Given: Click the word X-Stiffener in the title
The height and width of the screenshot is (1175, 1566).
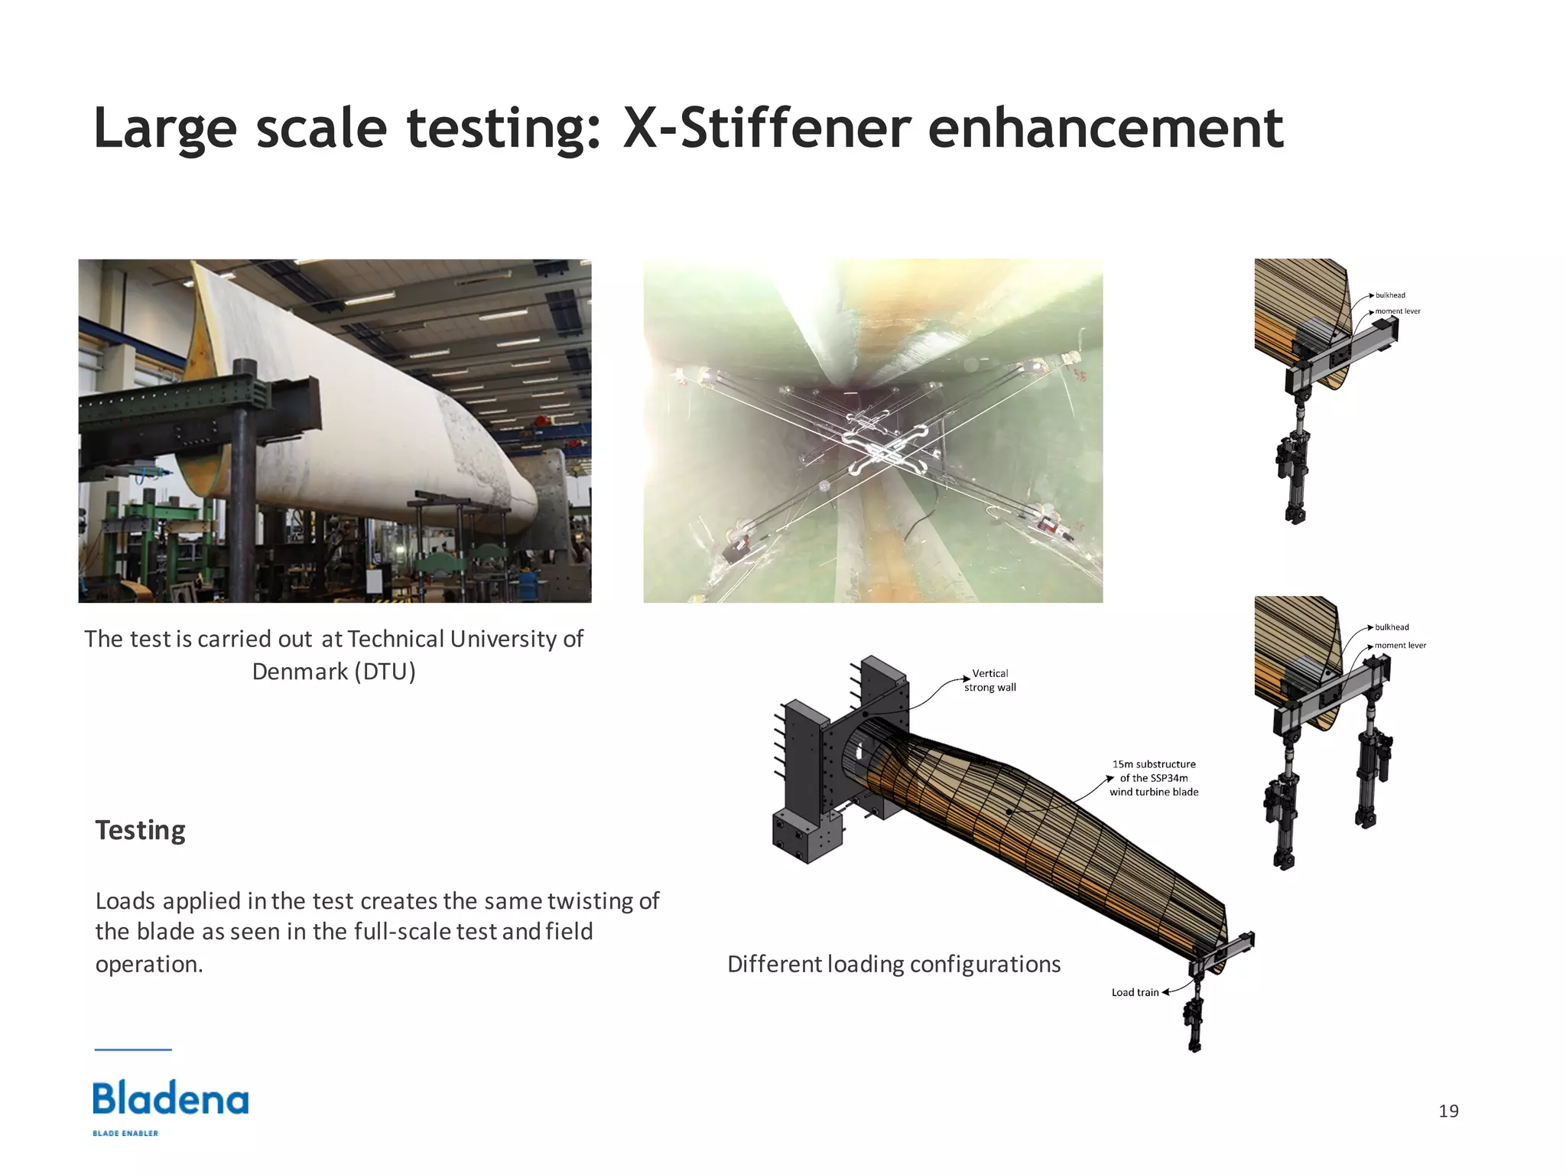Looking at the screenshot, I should [765, 129].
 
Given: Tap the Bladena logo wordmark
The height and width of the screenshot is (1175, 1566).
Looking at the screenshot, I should [171, 1099].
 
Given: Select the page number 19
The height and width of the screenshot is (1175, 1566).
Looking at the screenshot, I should [1448, 1111].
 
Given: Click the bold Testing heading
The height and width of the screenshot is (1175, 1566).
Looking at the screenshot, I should [140, 831].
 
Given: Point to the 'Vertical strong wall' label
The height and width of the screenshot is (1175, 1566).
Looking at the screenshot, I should [990, 680].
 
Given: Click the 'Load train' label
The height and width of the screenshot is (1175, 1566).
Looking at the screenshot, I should [1135, 992].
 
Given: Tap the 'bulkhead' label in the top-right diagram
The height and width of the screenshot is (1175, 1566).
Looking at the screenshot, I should [1390, 295].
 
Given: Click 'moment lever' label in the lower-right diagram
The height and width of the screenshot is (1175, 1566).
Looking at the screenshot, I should [1400, 646].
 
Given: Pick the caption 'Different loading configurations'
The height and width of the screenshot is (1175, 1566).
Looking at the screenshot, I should [894, 964].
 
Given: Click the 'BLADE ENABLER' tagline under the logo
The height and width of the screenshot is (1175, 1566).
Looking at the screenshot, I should [125, 1133].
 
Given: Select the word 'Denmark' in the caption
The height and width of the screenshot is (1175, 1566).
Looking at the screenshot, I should [300, 672].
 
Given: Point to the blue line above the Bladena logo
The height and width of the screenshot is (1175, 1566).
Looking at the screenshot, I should [133, 1050].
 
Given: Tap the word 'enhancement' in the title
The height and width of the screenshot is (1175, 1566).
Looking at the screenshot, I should [1105, 129].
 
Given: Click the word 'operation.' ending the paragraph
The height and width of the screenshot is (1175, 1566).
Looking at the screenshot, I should [149, 965].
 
